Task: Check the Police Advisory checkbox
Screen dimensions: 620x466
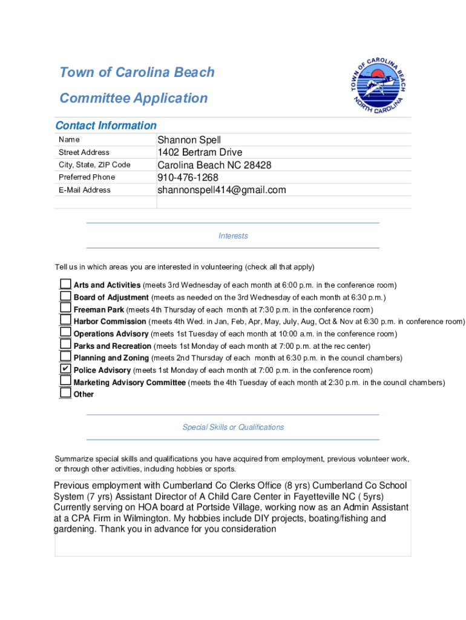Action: point(65,369)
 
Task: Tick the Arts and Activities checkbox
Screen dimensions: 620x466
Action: point(65,284)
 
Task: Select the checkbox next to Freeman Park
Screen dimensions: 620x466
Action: point(65,308)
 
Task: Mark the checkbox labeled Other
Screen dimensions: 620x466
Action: point(65,393)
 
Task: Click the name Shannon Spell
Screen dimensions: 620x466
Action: point(189,140)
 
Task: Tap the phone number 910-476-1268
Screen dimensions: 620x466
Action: point(188,177)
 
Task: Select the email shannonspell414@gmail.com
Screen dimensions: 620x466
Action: point(222,190)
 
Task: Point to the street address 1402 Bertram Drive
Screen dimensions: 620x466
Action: point(200,153)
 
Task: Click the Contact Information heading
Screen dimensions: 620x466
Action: point(106,125)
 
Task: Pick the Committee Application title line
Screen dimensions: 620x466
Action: point(133,98)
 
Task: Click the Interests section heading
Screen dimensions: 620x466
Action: point(233,236)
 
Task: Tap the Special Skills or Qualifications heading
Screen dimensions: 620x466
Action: point(233,427)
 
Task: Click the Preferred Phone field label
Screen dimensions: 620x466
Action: point(87,177)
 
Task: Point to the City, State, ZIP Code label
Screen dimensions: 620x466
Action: point(94,165)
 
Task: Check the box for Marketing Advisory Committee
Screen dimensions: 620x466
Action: point(65,381)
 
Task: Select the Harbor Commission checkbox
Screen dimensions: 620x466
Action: point(65,320)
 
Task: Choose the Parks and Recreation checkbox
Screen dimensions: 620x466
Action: point(65,345)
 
